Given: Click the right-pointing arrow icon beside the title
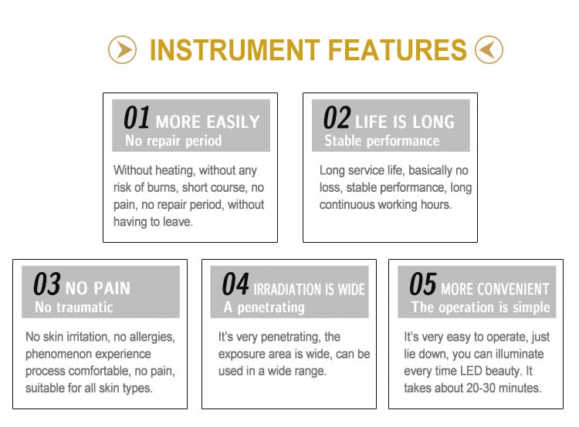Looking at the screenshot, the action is pyautogui.click(x=122, y=50).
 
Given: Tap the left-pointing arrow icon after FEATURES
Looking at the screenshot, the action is pyautogui.click(x=489, y=50).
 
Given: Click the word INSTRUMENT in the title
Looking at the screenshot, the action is pyautogui.click(x=235, y=50).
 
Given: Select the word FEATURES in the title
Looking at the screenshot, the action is pyautogui.click(x=398, y=50).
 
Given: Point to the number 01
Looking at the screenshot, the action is pyautogui.click(x=137, y=118).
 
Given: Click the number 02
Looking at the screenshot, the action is pyautogui.click(x=337, y=118).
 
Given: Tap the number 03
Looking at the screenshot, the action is pyautogui.click(x=47, y=284).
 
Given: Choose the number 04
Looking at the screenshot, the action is pyautogui.click(x=235, y=284).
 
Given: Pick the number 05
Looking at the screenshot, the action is pyautogui.click(x=423, y=284).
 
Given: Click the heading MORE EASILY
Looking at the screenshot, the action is pyautogui.click(x=208, y=122).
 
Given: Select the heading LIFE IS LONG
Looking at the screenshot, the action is pyautogui.click(x=405, y=122).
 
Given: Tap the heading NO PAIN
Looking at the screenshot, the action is pyautogui.click(x=98, y=288).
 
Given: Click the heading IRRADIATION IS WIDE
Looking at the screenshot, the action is pyautogui.click(x=309, y=289).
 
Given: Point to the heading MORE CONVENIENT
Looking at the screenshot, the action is pyautogui.click(x=495, y=289).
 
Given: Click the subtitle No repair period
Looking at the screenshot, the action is pyautogui.click(x=174, y=141).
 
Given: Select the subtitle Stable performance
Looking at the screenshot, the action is pyautogui.click(x=382, y=141).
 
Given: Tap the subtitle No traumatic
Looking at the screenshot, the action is pyautogui.click(x=74, y=308).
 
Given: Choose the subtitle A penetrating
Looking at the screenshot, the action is pyautogui.click(x=264, y=308).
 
